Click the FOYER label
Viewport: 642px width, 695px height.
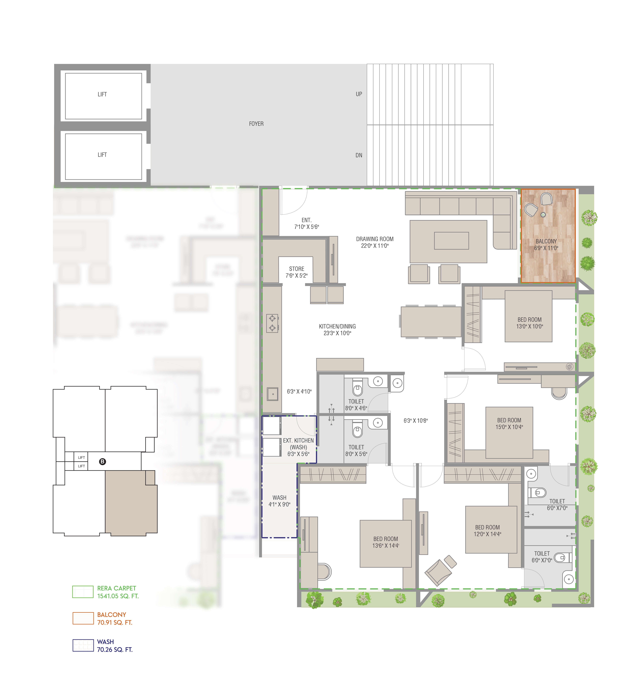tap(256, 124)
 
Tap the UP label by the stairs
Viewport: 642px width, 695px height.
tap(358, 94)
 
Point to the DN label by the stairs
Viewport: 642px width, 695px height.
tap(358, 155)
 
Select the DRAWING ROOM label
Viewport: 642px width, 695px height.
tap(375, 239)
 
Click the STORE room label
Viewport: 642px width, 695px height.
tap(296, 269)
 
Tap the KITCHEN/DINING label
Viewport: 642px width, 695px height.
tap(337, 326)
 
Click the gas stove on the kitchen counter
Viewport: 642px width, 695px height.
tap(272, 323)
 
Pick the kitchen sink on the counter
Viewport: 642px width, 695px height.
tap(273, 394)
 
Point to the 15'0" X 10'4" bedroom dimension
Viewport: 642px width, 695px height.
tap(509, 427)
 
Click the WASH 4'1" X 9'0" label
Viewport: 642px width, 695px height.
tap(279, 501)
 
